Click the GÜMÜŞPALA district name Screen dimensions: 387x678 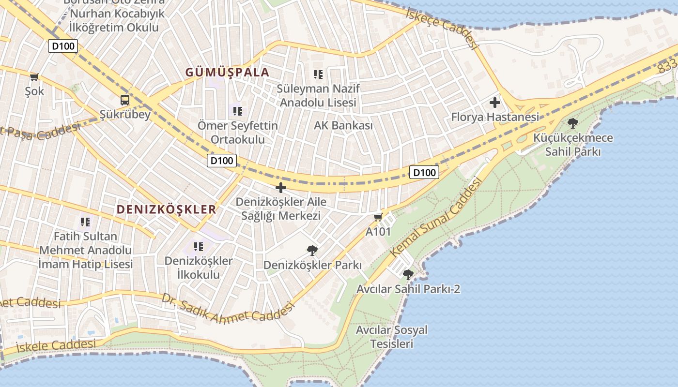(x=227, y=73)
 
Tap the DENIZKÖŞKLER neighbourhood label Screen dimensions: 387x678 (x=167, y=209)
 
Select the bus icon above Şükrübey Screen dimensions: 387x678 (x=125, y=100)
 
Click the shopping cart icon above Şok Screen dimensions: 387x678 (x=34, y=77)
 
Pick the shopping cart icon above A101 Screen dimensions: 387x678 (x=378, y=217)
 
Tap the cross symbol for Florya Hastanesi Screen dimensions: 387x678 (x=494, y=103)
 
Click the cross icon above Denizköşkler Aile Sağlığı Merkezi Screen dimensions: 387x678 (x=280, y=188)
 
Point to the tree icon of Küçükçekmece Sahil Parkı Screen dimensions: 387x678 (x=573, y=123)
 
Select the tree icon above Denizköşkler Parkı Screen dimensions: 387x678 (x=312, y=251)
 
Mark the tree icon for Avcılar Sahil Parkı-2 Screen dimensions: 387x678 (x=408, y=275)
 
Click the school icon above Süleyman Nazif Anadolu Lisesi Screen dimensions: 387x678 (x=318, y=74)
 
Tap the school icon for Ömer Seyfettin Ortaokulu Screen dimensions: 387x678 (x=237, y=111)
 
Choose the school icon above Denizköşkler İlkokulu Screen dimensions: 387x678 (x=198, y=247)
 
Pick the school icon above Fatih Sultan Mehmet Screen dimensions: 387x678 (x=85, y=222)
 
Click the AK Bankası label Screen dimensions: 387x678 (x=343, y=126)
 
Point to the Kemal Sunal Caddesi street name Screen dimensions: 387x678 (x=436, y=217)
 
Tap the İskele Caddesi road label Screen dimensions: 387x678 (x=56, y=345)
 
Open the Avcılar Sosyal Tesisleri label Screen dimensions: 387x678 (x=391, y=337)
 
